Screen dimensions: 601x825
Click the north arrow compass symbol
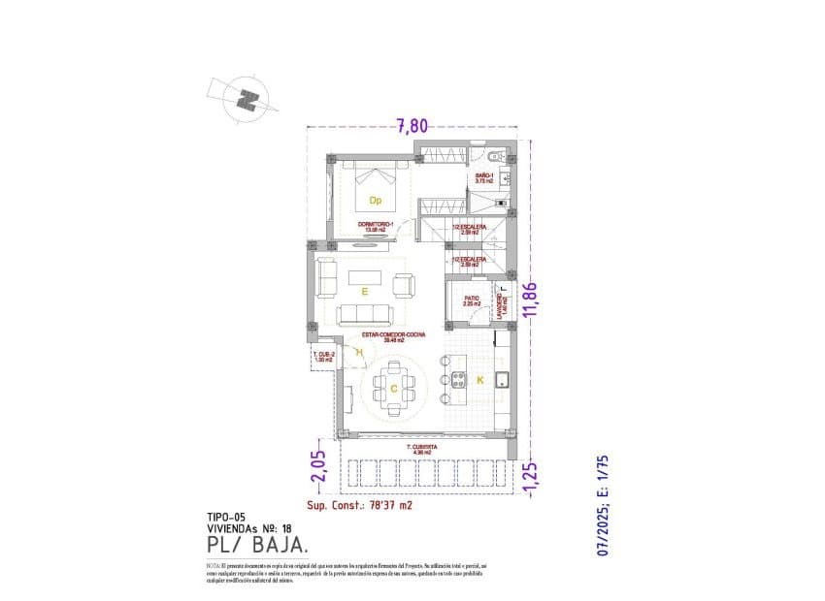[x=249, y=99]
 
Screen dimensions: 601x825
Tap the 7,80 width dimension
[x=412, y=124]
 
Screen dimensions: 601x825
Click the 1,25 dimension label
[x=529, y=478]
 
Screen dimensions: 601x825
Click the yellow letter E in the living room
[x=365, y=290]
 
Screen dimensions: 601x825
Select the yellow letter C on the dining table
[x=393, y=388]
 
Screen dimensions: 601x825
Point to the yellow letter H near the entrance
[x=359, y=353]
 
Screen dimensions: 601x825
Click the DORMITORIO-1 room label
[x=379, y=227]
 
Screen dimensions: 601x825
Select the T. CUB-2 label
[x=324, y=358]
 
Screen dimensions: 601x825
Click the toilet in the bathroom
[x=494, y=156]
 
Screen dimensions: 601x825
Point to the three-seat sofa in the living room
[x=365, y=313]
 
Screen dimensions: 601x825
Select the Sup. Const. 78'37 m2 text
[x=360, y=505]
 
